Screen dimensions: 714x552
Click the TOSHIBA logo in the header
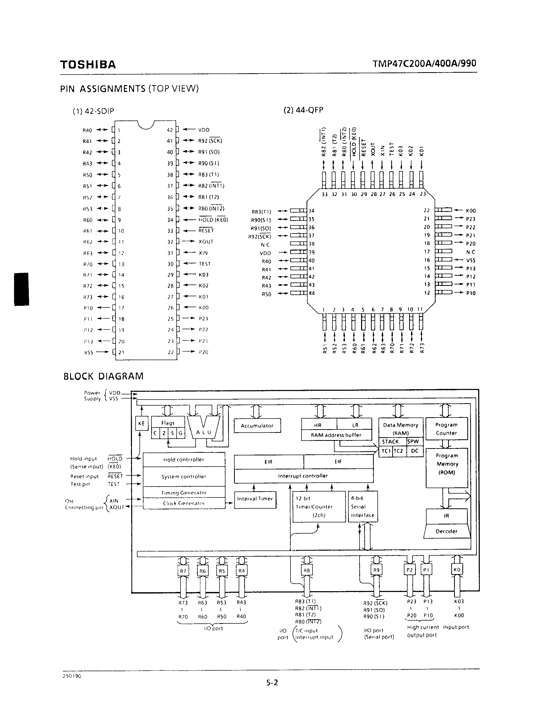click(x=88, y=64)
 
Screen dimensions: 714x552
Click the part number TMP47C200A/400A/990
click(x=424, y=63)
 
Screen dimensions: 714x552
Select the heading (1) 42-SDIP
click(x=93, y=111)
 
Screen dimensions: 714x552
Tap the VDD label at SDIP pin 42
click(x=204, y=130)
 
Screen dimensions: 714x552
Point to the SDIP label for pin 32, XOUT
click(x=206, y=242)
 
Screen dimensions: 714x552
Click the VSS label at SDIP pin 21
click(x=88, y=352)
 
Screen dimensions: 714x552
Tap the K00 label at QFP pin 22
click(x=471, y=211)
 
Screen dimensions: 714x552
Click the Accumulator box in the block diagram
click(x=257, y=426)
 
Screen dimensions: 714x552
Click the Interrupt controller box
click(x=303, y=476)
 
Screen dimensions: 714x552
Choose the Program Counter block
click(x=446, y=429)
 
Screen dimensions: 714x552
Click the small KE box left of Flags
click(x=141, y=424)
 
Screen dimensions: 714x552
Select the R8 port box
click(x=307, y=570)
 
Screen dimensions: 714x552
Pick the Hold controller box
click(x=184, y=459)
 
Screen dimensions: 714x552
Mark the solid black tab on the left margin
click(x=22, y=289)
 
